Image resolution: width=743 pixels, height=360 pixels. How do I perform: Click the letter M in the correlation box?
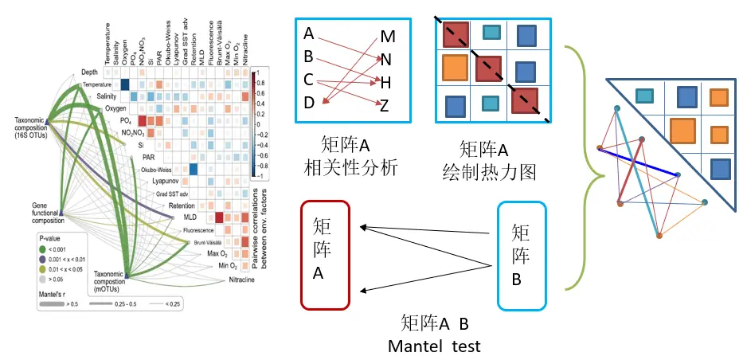(388, 37)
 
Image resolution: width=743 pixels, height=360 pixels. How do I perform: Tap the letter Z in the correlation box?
(385, 105)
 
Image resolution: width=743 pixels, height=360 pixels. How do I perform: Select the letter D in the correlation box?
(309, 102)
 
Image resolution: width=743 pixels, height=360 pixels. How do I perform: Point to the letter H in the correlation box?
(385, 82)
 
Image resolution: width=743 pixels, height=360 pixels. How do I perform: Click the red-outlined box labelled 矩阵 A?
(326, 256)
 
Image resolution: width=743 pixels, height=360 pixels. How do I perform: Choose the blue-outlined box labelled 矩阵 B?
(522, 256)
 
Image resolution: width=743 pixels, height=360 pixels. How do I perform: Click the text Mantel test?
(435, 346)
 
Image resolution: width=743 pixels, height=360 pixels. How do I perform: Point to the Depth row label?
(89, 72)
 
